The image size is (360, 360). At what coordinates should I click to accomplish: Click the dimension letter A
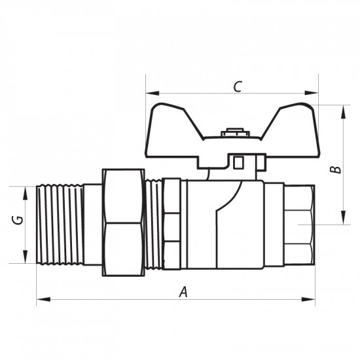pyautogui.click(x=184, y=293)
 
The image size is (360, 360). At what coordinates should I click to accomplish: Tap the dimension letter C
pyautogui.click(x=238, y=85)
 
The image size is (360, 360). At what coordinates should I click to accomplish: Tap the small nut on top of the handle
pyautogui.click(x=232, y=133)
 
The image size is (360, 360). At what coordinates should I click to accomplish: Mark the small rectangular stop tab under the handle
pyautogui.click(x=239, y=160)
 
